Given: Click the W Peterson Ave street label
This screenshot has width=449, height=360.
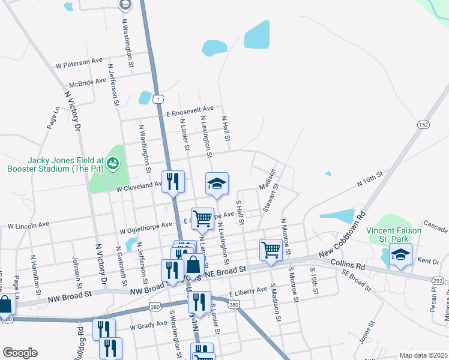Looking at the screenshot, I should point(79,62).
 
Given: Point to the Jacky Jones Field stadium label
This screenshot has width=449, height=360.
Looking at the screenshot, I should point(65,164).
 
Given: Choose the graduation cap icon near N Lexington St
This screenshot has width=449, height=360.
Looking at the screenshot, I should point(217,184).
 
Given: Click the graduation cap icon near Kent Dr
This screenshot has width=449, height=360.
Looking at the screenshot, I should point(400,254).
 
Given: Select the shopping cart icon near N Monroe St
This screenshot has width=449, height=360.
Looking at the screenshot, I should point(271,250).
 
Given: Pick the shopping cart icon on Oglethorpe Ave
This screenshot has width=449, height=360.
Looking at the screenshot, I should point(202,219).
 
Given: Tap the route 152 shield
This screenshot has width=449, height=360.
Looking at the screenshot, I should point(424,124).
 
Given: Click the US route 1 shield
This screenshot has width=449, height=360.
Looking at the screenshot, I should point(156,97).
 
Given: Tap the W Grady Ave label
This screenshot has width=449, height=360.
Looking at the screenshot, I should point(148,326).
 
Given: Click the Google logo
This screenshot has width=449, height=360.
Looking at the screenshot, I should point(20,353).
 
